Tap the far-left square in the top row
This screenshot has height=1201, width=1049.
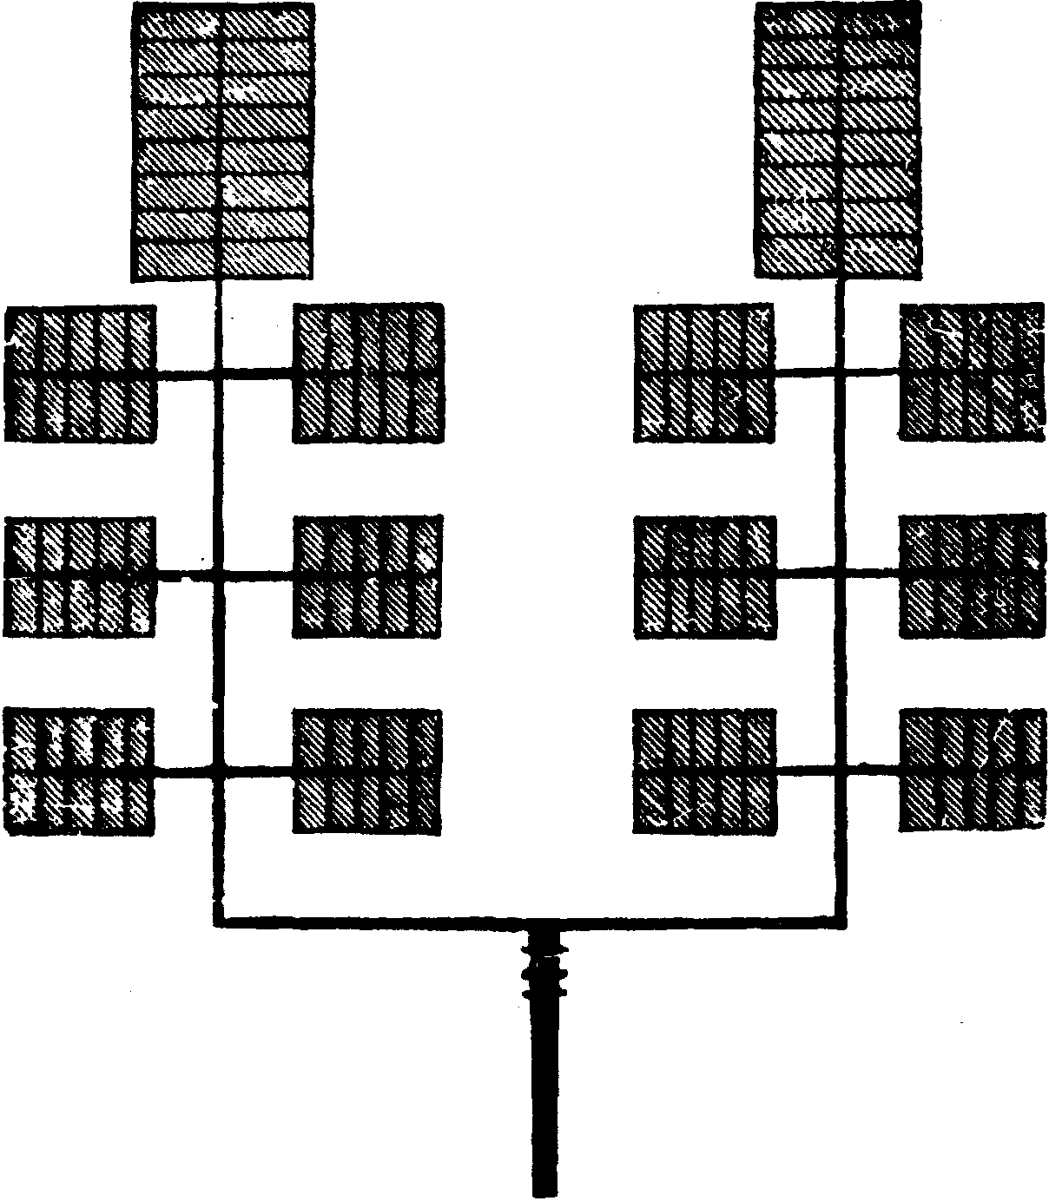pyautogui.click(x=81, y=373)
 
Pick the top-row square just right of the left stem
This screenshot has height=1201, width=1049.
pyautogui.click(x=369, y=373)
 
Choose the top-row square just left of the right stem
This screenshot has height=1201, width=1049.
pyautogui.click(x=704, y=373)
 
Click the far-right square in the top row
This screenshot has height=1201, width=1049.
pyautogui.click(x=972, y=371)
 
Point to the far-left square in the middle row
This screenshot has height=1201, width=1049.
pyautogui.click(x=81, y=574)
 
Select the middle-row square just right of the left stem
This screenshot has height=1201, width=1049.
pyautogui.click(x=368, y=576)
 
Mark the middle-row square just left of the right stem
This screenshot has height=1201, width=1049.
pyautogui.click(x=704, y=576)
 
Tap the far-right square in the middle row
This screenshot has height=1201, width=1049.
pyautogui.click(x=972, y=575)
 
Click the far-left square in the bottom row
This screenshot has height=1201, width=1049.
pyautogui.click(x=80, y=771)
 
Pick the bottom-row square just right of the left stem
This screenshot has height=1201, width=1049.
pyautogui.click(x=367, y=771)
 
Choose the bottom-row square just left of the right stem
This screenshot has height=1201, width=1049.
pyautogui.click(x=704, y=771)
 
